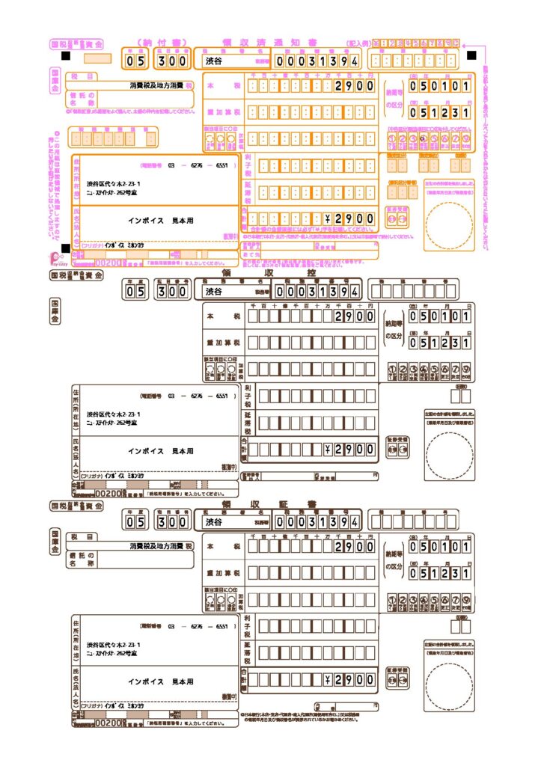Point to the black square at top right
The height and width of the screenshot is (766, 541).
pyautogui.click(x=471, y=55)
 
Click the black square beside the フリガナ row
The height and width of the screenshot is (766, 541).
pyautogui.click(x=67, y=248)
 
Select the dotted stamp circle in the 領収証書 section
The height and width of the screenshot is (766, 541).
pyautogui.click(x=449, y=681)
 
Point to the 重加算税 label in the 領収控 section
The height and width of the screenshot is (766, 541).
pyautogui.click(x=222, y=343)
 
